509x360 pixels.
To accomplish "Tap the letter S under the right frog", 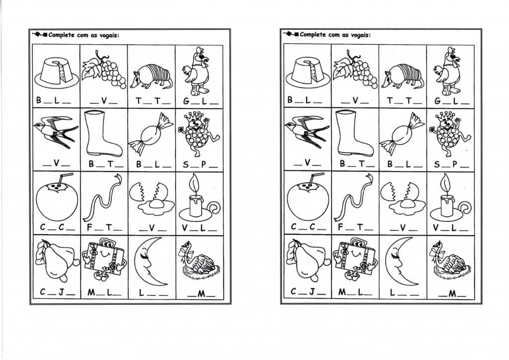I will (x=436, y=164).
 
